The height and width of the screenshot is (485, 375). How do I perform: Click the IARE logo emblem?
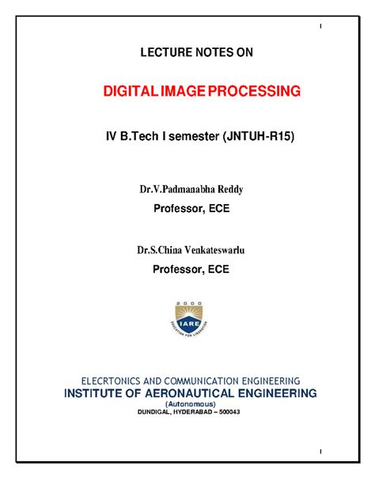[187, 321]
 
